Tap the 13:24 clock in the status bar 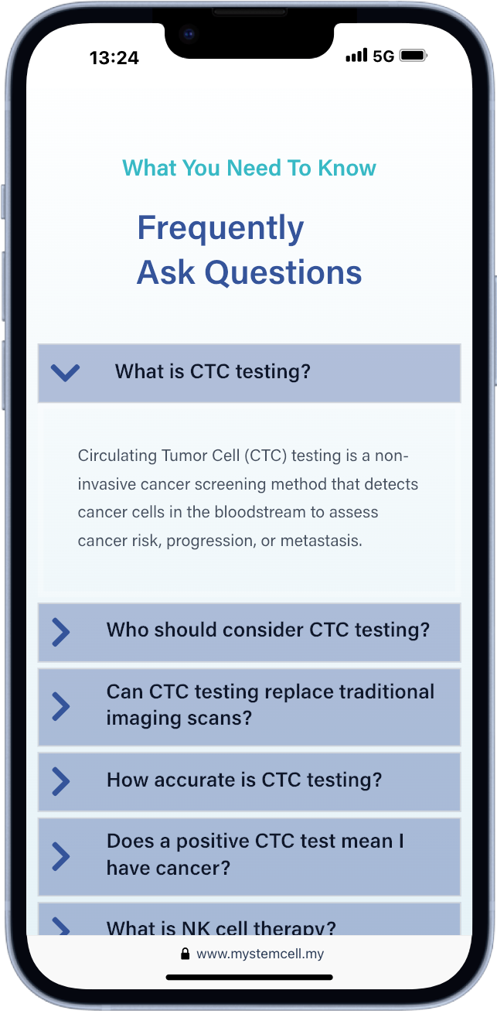(x=114, y=57)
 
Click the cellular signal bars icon (x=356, y=55)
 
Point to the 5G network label (x=383, y=56)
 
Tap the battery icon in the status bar (x=414, y=55)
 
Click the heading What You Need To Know (x=249, y=168)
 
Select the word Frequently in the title (x=221, y=227)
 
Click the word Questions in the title (x=283, y=272)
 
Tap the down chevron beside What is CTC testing (x=65, y=373)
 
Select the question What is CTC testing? (x=213, y=372)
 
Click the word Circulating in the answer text (x=117, y=456)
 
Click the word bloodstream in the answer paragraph (x=260, y=512)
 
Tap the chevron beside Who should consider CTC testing (x=61, y=633)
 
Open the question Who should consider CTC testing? (x=268, y=630)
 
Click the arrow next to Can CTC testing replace (x=61, y=707)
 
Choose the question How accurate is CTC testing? (x=245, y=780)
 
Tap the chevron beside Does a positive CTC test (x=61, y=856)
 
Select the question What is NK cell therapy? (x=221, y=928)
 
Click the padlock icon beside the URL (x=185, y=954)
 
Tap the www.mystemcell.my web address (x=260, y=954)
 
